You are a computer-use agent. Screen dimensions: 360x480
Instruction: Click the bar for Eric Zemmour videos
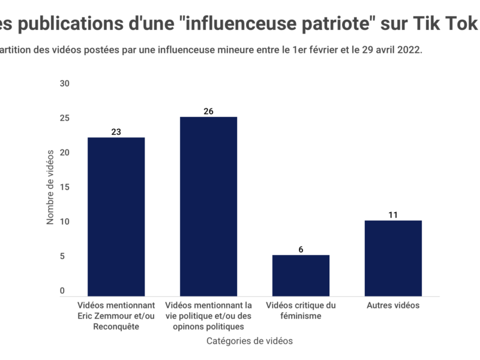point(116,217)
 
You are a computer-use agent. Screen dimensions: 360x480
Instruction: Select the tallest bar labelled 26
point(208,206)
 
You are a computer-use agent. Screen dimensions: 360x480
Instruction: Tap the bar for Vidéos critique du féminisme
point(301,275)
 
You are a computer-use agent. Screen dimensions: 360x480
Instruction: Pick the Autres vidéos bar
point(393,258)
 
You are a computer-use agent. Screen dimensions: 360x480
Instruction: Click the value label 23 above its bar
point(116,131)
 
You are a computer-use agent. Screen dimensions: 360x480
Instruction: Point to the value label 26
point(208,111)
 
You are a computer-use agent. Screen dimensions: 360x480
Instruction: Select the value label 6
point(301,249)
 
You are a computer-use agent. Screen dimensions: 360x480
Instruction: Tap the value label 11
point(393,214)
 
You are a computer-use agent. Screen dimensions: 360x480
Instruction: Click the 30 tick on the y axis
point(65,83)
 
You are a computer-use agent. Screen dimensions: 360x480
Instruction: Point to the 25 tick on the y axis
point(65,118)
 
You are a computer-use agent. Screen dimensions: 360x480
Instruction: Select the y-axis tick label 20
point(65,152)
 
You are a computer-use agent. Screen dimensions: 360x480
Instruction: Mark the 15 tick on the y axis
point(65,187)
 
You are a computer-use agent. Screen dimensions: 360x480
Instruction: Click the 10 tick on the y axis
point(65,221)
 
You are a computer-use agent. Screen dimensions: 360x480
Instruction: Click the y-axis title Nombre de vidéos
point(50,187)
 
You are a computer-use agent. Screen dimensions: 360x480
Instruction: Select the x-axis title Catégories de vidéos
point(249,341)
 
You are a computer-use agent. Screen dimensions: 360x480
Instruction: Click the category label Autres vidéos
point(393,305)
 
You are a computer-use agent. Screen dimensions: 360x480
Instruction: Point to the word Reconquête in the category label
point(116,327)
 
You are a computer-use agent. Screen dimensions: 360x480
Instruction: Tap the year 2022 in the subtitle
point(409,50)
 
